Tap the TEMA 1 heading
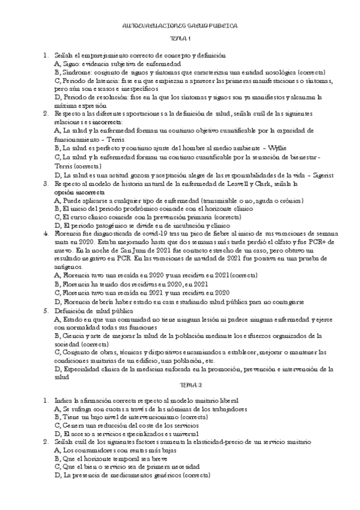[180, 40]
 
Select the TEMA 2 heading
[180, 386]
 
